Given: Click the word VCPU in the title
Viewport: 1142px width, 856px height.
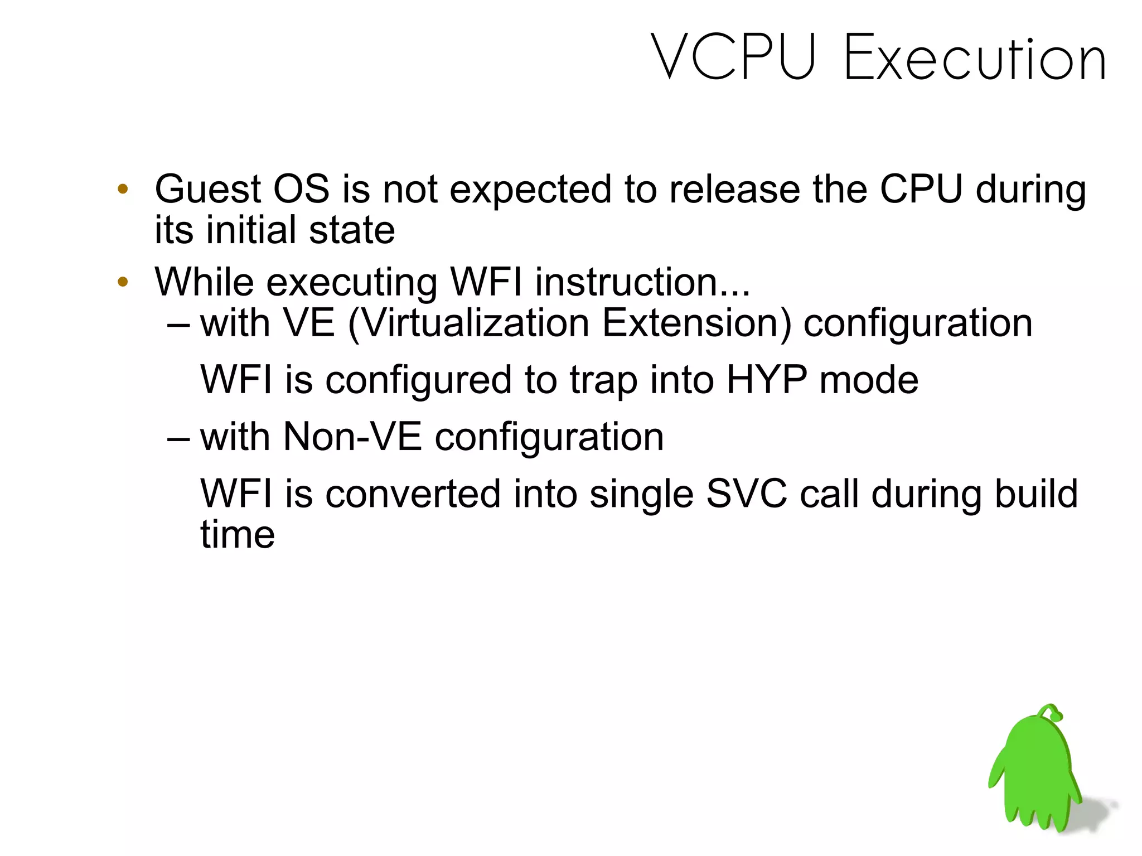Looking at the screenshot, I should (734, 58).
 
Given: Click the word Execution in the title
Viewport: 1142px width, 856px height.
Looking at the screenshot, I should (975, 58).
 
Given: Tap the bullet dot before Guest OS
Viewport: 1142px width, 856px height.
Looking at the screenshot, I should (123, 189).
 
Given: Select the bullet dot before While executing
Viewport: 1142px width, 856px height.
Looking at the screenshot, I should (123, 282).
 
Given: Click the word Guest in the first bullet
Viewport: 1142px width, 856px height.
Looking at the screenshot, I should (207, 189).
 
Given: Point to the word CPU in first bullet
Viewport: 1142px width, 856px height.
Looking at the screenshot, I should (921, 189).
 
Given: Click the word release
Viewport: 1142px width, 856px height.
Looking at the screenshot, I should (734, 189).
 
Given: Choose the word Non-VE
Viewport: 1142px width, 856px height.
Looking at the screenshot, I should (352, 437).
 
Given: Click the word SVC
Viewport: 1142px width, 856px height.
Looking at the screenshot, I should (746, 494).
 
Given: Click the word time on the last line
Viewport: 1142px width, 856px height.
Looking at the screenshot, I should (238, 535).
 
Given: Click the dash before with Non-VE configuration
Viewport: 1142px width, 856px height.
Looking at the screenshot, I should (179, 438).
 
